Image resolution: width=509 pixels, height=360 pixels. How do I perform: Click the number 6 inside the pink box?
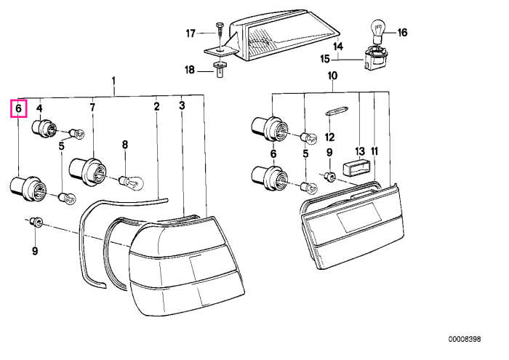[18, 108]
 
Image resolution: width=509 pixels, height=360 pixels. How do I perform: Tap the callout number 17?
[191, 33]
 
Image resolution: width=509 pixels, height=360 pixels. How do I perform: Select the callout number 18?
[190, 70]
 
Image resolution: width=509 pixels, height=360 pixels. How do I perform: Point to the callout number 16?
[402, 33]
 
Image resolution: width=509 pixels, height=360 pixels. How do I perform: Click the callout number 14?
[338, 46]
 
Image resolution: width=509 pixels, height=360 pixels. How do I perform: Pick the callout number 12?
[329, 137]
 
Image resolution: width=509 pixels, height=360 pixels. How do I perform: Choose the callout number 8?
[125, 145]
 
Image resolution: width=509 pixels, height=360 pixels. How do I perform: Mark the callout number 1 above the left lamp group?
[113, 80]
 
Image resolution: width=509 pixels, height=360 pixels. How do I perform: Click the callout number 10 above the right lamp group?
[332, 76]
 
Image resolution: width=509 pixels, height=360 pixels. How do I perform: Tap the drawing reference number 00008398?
[465, 339]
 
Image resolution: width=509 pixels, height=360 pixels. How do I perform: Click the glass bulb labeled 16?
[377, 31]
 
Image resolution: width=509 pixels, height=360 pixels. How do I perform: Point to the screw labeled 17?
[220, 35]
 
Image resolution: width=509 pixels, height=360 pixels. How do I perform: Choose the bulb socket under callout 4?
[45, 128]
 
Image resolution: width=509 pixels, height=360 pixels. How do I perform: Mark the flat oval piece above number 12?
[337, 111]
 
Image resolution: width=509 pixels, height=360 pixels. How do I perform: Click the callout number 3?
[182, 105]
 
